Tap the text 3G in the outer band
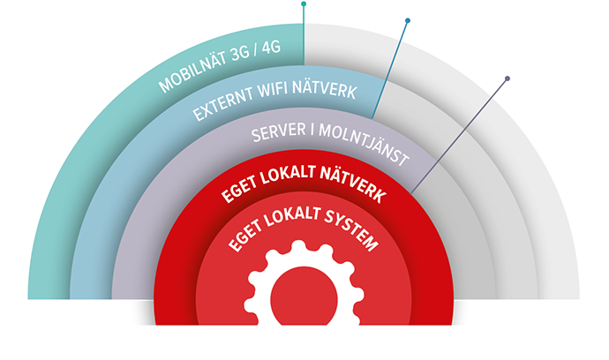pos(240,54)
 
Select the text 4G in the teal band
pos(271,48)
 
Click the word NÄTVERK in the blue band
pos(325,89)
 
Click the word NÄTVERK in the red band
pos(353,184)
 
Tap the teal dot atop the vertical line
pos(304,4)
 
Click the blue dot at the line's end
pos(408,20)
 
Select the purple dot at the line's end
pos(507,79)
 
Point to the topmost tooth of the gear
pos(298,246)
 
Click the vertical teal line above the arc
pos(304,34)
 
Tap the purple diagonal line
pos(459,136)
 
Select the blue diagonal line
pos(389,70)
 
